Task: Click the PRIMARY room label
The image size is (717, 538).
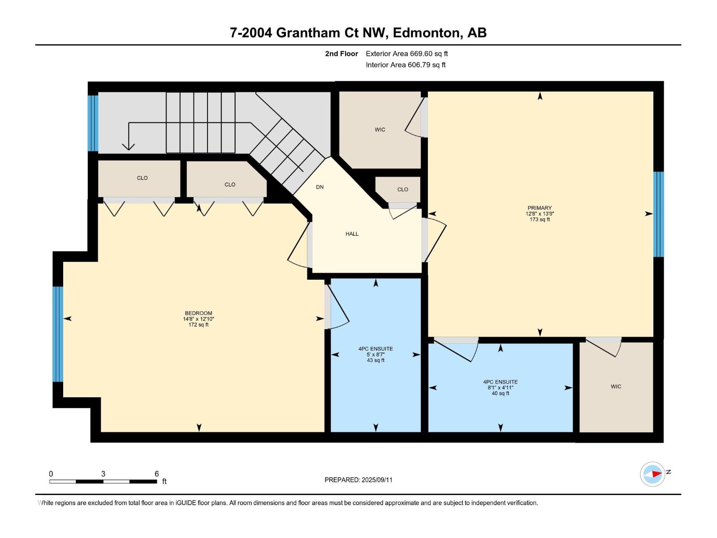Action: point(540,208)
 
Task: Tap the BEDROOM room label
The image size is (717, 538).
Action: point(198,313)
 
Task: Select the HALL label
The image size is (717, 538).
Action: point(352,234)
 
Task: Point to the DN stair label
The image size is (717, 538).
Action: point(320,187)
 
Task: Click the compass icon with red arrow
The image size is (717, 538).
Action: point(652,474)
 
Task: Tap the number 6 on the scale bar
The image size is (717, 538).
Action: point(157,474)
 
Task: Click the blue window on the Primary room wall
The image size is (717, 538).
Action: point(658,214)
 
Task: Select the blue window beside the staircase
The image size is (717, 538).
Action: point(93,123)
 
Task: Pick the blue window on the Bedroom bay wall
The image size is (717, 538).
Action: point(58,334)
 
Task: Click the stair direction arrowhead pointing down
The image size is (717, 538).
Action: point(128,147)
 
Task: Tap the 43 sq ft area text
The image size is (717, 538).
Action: point(376,360)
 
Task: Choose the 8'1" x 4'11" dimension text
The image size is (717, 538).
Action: point(501,388)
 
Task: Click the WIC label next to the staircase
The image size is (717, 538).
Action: point(380,130)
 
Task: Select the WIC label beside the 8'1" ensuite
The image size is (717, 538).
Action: point(616,386)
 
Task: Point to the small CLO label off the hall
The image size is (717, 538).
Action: point(402,190)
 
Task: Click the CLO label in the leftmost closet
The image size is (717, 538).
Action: point(142,178)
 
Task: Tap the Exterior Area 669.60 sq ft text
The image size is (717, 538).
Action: point(407,53)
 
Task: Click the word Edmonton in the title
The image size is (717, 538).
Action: point(427,33)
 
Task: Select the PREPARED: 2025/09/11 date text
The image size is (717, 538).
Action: point(358,480)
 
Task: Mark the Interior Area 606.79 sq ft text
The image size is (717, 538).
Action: point(406,65)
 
